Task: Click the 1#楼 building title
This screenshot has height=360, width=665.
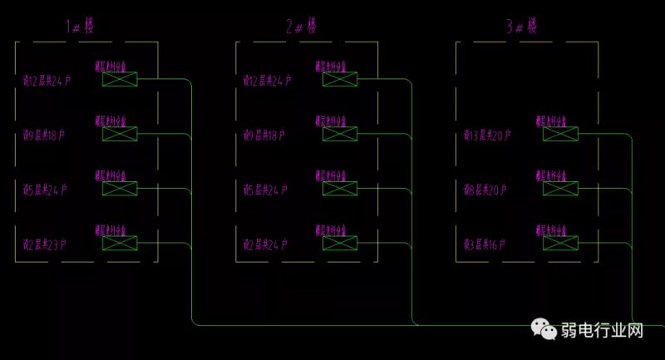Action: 81,27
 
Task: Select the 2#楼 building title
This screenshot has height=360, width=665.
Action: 302,27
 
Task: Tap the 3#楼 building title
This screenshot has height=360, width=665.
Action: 522,27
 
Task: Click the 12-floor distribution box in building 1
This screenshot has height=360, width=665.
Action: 120,80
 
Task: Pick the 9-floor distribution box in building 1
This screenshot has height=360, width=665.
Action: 120,134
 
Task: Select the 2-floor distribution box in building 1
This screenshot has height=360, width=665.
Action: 120,243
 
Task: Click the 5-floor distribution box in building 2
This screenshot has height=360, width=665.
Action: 340,189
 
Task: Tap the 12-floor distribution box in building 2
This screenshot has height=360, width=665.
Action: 340,80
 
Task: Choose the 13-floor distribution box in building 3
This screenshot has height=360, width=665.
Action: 560,134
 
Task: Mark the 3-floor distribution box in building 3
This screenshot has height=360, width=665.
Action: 560,243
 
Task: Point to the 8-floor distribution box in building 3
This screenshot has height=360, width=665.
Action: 560,189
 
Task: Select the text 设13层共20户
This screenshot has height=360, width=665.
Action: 487,135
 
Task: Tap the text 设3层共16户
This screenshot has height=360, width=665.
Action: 487,244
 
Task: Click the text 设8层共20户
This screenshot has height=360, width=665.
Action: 487,190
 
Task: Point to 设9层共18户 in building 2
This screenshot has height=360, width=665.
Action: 264,135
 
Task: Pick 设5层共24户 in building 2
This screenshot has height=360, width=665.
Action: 265,190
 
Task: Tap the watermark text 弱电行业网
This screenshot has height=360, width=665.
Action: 604,331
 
